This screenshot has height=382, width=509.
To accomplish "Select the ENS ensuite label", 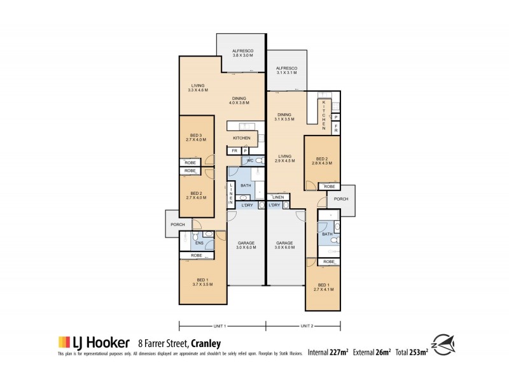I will coord(199,242).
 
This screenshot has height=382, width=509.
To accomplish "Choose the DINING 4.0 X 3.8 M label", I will coord(240,100).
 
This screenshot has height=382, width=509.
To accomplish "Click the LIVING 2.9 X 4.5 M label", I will coord(286,158).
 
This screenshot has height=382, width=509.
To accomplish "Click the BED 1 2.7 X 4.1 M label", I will coord(323,286).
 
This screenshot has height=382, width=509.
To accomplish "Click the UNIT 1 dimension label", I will coord(221,326).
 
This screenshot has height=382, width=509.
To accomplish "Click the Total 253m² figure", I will coord(412,351).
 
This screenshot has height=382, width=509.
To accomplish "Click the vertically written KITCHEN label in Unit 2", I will coord(323,112).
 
